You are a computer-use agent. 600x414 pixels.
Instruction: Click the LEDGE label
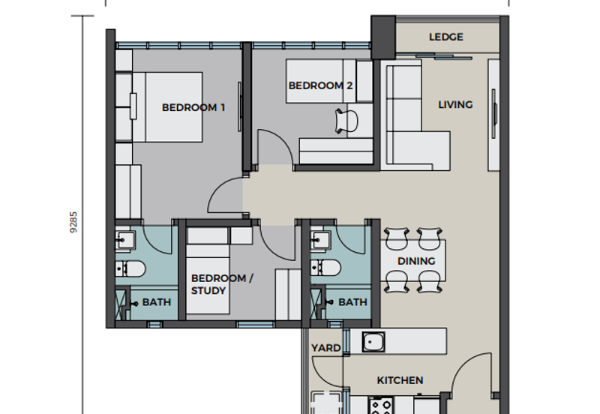pyautogui.click(x=445, y=37)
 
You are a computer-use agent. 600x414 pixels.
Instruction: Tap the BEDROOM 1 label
pyautogui.click(x=193, y=107)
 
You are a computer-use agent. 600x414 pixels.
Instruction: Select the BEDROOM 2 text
pyautogui.click(x=320, y=85)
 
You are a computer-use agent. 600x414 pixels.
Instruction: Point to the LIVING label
pyautogui.click(x=455, y=104)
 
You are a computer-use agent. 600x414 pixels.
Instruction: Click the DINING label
pyautogui.click(x=416, y=261)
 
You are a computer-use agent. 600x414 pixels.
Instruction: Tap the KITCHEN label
pyautogui.click(x=400, y=380)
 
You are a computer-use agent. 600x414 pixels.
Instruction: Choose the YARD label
pyautogui.click(x=326, y=348)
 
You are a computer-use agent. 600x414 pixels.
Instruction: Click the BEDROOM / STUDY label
pyautogui.click(x=222, y=284)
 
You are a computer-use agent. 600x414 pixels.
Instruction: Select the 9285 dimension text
pyautogui.click(x=73, y=222)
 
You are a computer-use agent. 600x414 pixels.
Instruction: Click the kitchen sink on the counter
pyautogui.click(x=373, y=341)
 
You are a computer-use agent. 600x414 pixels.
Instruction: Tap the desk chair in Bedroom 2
pyautogui.click(x=346, y=121)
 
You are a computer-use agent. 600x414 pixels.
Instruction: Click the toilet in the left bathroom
pyautogui.click(x=130, y=269)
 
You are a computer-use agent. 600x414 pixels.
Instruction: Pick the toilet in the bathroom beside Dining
pyautogui.click(x=325, y=268)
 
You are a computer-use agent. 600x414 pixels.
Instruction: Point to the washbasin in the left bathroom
pyautogui.click(x=124, y=240)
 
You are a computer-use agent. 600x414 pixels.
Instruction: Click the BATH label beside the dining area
pyautogui.click(x=352, y=302)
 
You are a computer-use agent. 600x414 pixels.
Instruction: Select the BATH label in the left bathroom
pyautogui.click(x=157, y=302)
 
